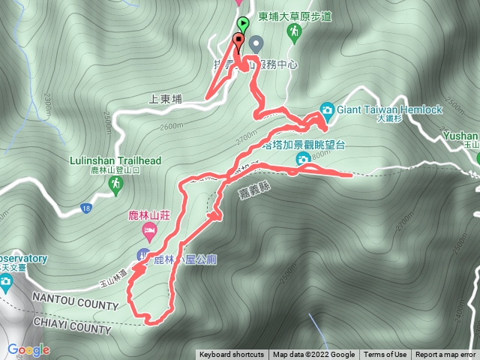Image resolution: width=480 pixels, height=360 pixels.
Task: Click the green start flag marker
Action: (242, 24)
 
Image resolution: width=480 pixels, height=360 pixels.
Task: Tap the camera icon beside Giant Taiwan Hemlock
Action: (327, 109)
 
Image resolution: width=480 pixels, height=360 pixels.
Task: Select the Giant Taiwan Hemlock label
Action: (389, 109)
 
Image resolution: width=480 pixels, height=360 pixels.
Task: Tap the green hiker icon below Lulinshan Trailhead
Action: (115, 184)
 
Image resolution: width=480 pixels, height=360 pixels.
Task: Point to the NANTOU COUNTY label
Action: (75, 306)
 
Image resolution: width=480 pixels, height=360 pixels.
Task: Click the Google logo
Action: (28, 349)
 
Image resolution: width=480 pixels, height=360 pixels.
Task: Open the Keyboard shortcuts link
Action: (231, 355)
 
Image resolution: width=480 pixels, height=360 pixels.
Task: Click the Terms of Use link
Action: (385, 355)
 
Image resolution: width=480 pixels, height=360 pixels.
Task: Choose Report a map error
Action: (445, 355)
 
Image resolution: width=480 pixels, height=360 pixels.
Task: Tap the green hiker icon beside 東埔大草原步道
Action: (297, 31)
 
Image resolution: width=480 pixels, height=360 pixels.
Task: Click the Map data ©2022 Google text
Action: (313, 355)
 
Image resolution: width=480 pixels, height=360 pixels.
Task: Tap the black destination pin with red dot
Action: (239, 40)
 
